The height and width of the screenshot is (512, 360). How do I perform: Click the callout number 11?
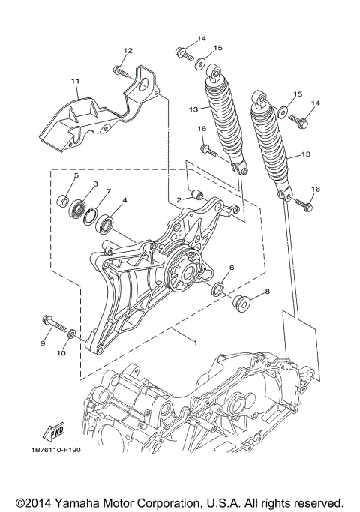pos(75,80)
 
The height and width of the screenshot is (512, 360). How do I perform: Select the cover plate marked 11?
pos(82,120)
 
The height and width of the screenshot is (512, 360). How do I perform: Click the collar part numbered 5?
pos(64,202)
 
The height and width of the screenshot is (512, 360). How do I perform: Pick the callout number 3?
pos(95,184)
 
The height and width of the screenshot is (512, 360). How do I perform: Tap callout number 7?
pos(107,192)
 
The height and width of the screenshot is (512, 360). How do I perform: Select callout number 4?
pos(124,201)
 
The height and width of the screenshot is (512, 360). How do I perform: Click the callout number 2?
pos(178,199)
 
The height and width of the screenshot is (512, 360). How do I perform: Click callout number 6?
pos(232,268)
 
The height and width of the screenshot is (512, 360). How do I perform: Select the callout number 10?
pos(62,352)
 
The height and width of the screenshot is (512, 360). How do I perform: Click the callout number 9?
pos(43,343)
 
